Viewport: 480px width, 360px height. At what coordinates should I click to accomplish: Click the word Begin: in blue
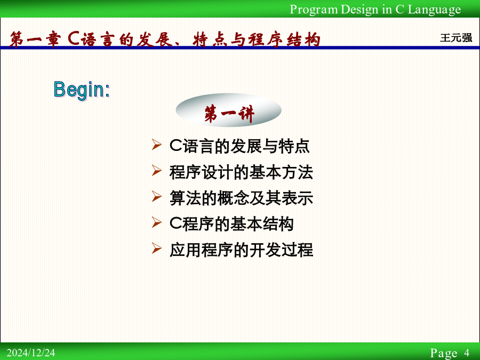click(82, 90)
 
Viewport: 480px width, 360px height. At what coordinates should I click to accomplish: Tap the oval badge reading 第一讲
click(228, 110)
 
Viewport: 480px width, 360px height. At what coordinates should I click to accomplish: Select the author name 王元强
click(456, 38)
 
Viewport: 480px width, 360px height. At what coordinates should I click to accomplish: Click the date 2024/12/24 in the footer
click(31, 353)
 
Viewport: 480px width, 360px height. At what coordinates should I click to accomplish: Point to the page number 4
click(467, 353)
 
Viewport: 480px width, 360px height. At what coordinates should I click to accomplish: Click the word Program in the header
click(314, 10)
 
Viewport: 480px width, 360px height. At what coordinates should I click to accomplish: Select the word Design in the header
click(359, 10)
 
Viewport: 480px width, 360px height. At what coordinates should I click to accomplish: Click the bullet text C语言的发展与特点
click(239, 146)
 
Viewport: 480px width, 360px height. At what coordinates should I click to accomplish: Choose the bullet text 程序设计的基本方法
click(241, 172)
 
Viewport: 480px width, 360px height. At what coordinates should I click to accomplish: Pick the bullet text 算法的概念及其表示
click(241, 198)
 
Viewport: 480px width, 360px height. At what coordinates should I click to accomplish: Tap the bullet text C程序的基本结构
click(231, 224)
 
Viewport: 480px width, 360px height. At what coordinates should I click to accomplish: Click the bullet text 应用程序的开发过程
click(241, 250)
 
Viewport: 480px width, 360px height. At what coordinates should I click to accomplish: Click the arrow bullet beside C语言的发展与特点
click(156, 145)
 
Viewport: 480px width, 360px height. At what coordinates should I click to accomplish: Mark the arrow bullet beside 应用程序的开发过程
click(156, 248)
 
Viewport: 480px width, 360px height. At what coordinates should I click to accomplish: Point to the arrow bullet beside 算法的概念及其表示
click(156, 196)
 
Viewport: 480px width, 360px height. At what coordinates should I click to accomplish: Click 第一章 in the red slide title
click(34, 39)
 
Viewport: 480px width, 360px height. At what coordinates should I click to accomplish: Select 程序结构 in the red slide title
click(284, 39)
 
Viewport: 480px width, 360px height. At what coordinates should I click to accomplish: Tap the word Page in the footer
click(444, 353)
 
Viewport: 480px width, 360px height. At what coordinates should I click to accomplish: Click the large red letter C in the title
click(74, 38)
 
